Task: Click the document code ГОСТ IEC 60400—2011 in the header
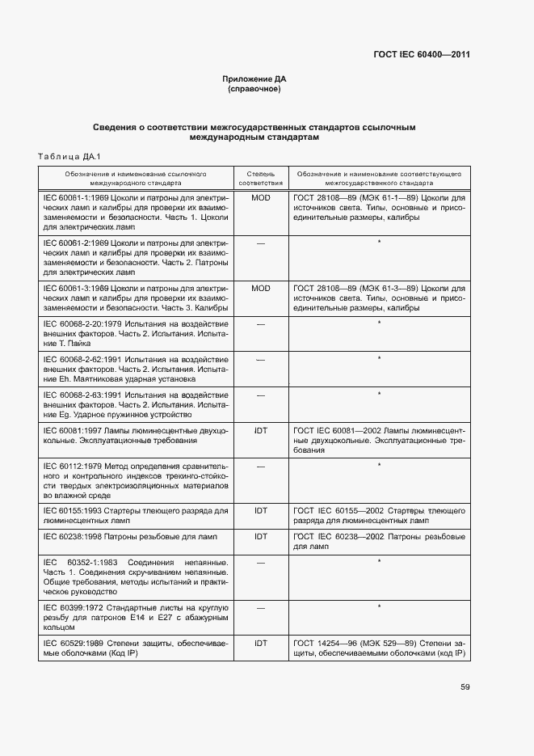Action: [x=421, y=55]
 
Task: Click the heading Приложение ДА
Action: [x=254, y=79]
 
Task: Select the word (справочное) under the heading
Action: [x=254, y=89]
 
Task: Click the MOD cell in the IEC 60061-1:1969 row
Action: [x=260, y=197]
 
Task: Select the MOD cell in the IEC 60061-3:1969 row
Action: [x=260, y=288]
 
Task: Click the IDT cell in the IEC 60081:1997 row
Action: [x=260, y=431]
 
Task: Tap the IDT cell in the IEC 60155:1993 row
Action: [x=260, y=512]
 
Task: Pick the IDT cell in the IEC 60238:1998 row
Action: [x=260, y=536]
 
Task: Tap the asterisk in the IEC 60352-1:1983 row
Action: [x=378, y=561]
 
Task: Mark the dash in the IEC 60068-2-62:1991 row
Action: [x=260, y=359]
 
